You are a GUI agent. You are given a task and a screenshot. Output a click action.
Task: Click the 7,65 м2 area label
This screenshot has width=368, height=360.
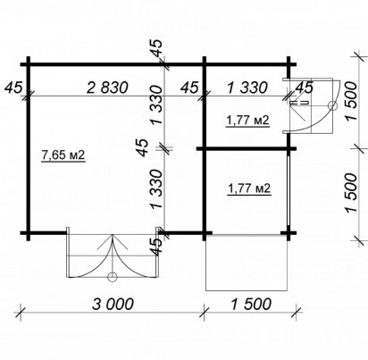click(x=63, y=155)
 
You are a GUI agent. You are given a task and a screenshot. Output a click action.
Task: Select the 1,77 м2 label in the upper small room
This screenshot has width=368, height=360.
click(x=247, y=121)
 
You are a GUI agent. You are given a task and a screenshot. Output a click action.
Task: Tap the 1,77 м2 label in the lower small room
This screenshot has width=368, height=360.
click(x=249, y=188)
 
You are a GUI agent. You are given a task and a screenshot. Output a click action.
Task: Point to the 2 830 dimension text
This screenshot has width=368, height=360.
click(x=107, y=88)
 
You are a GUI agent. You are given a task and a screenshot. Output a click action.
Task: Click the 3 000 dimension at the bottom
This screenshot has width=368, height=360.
click(x=113, y=304)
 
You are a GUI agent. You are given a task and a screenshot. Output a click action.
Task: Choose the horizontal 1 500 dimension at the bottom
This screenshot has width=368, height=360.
click(x=251, y=304)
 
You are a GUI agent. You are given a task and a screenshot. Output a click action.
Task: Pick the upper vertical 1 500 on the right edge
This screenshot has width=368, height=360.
click(x=351, y=101)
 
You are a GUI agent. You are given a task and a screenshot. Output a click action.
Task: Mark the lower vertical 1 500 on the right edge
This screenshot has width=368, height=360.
click(x=351, y=193)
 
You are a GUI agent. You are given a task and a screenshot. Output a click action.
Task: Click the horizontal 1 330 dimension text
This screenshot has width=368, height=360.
click(x=247, y=88)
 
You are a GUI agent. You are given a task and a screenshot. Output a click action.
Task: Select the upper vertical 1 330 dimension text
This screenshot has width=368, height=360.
click(x=157, y=105)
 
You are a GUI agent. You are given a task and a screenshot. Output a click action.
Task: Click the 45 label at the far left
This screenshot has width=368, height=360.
click(x=13, y=88)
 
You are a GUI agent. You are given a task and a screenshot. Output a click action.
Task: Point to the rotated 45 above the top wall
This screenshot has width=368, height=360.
click(x=157, y=47)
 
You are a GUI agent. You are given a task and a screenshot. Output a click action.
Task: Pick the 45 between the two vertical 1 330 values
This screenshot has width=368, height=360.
click(x=142, y=147)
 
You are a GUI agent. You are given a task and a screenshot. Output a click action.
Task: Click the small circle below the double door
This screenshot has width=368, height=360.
click(x=112, y=277)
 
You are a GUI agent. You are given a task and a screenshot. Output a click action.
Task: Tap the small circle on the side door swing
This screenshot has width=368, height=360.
click(x=332, y=105)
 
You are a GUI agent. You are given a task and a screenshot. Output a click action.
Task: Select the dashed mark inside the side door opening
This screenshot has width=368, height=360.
click(x=298, y=103)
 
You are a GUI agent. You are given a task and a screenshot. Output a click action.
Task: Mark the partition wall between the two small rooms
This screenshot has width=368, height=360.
click(x=247, y=148)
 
